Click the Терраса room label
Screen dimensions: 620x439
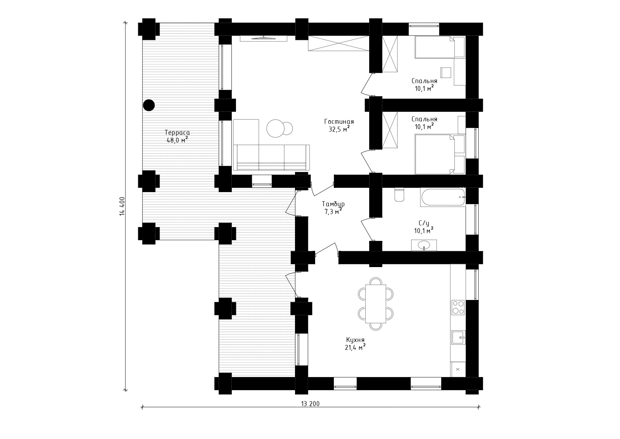[177, 133]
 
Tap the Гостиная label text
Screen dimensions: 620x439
[339, 122]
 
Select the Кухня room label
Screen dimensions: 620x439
[355, 340]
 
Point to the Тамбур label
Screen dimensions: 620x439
[333, 204]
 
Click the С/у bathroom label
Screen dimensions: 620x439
[424, 223]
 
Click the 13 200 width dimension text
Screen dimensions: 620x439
[311, 404]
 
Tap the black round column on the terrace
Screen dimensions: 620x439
[149, 105]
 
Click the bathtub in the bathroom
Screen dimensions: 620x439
[443, 197]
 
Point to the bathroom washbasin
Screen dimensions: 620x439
[424, 245]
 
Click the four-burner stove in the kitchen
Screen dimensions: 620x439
[458, 307]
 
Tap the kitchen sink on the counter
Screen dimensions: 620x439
[458, 337]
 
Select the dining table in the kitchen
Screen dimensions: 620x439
[376, 304]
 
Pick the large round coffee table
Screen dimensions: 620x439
[276, 128]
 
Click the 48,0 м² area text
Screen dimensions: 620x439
[177, 140]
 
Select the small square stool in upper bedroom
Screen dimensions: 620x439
[446, 72]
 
